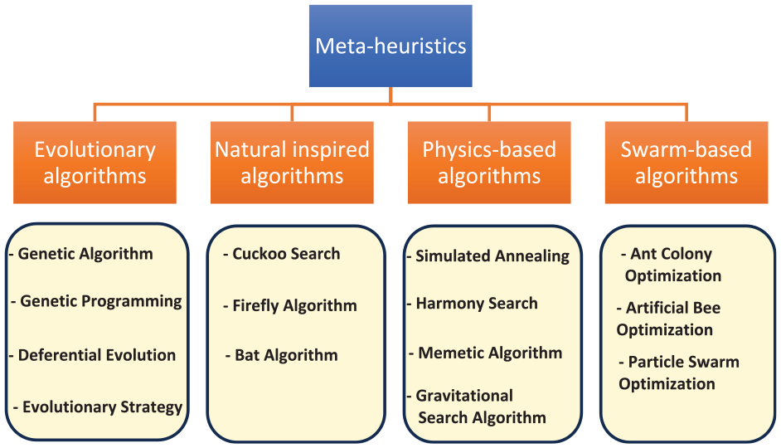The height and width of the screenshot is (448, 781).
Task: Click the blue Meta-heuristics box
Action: pos(390,46)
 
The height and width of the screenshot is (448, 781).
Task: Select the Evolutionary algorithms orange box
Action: pos(95,163)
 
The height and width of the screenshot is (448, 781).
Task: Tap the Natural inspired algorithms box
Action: pos(292,163)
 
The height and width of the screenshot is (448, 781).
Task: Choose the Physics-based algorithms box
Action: pos(489,163)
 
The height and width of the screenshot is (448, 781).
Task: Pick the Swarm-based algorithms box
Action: pos(686,163)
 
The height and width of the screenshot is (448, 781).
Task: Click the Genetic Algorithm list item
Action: pos(85,254)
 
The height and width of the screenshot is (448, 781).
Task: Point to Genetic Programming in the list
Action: pos(100,301)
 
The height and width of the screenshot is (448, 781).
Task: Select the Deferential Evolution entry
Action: pos(97,355)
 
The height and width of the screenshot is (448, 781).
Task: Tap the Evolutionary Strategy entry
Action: pos(102,407)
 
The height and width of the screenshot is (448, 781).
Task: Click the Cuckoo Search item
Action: pos(286,254)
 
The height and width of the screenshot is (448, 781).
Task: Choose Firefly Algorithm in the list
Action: pos(294,306)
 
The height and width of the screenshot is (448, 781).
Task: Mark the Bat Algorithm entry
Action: pos(286,355)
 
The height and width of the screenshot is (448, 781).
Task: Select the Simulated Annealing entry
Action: pos(492,256)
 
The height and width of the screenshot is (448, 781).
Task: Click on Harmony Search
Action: pos(477,304)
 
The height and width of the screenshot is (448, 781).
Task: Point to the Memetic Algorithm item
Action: pos(490,353)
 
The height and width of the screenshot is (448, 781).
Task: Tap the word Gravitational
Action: pos(464,396)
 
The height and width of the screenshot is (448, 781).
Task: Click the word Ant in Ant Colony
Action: pos(642,254)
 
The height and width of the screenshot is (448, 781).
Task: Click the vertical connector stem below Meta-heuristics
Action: pos(390,95)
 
